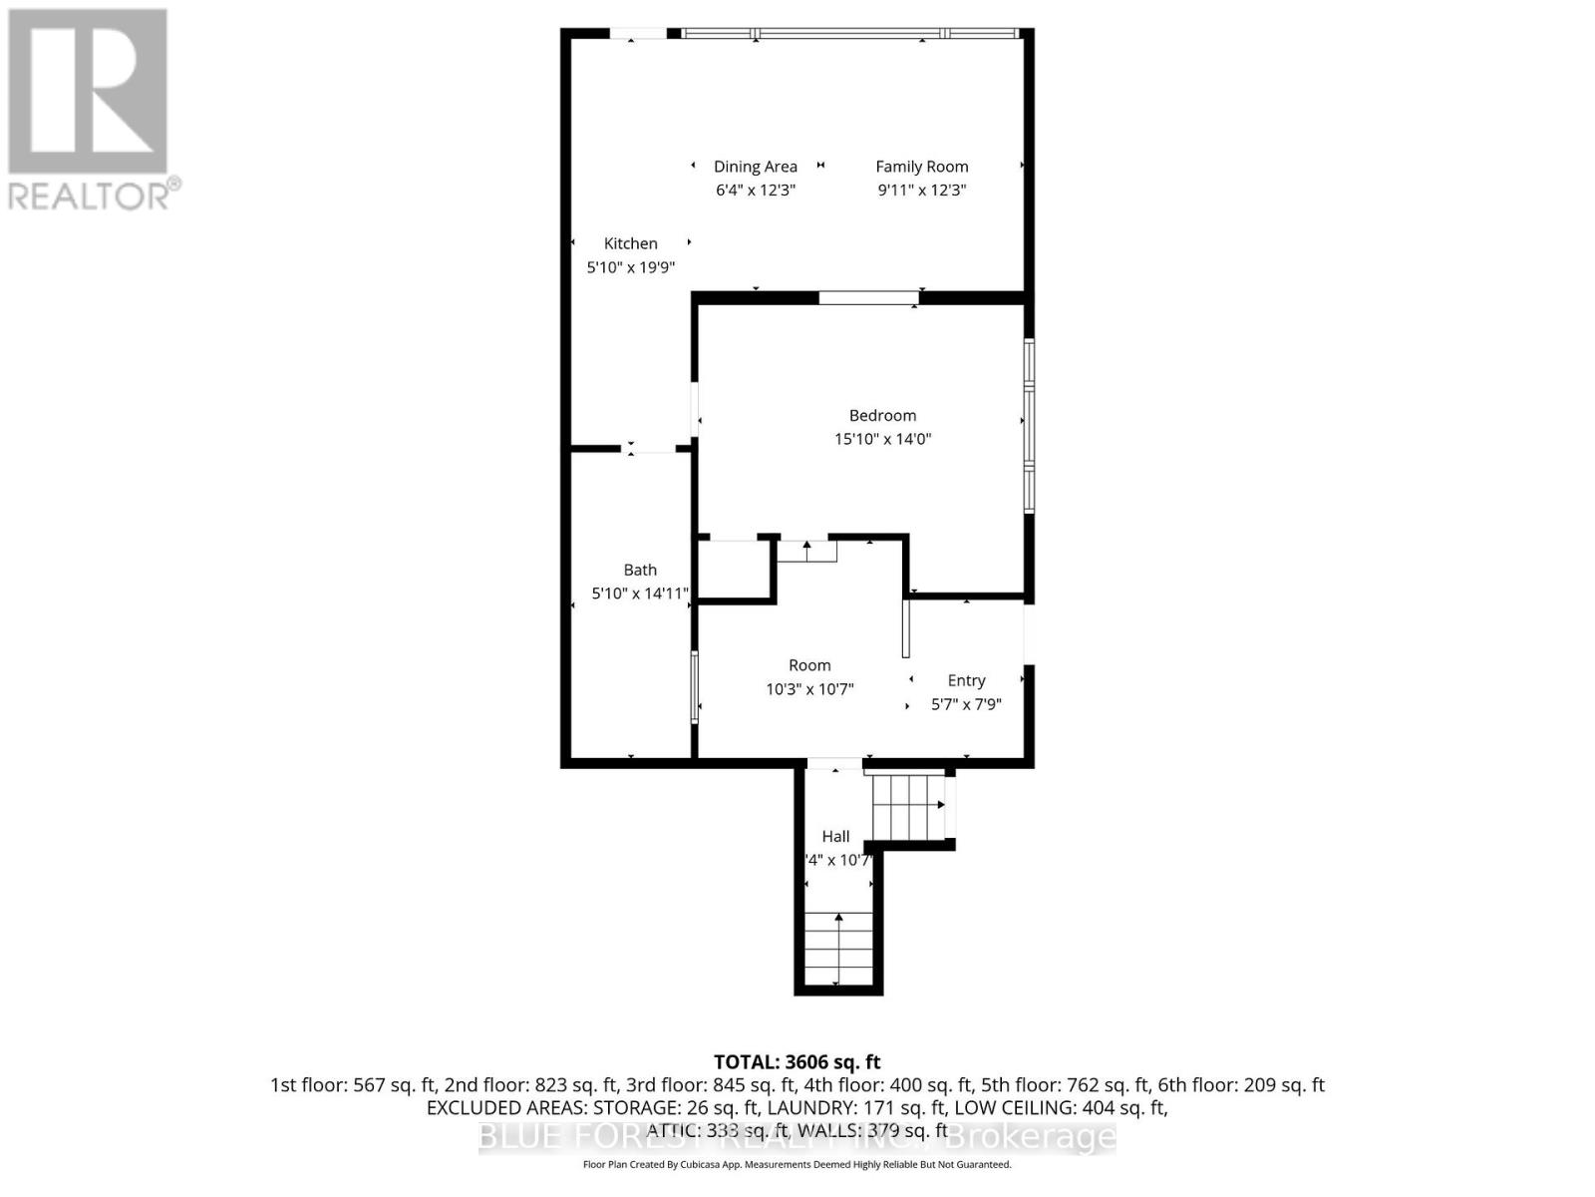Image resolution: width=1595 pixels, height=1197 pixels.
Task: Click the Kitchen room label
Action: click(630, 243)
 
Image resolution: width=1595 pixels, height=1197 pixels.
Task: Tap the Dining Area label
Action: click(755, 167)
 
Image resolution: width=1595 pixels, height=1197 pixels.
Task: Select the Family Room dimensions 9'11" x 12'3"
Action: click(921, 191)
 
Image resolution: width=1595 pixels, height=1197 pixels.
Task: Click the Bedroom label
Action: click(882, 415)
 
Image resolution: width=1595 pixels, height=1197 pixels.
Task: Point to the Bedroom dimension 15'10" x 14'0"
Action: click(882, 439)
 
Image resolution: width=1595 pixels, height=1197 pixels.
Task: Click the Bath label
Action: click(640, 570)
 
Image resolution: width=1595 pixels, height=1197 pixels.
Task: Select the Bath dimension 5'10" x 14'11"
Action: click(640, 594)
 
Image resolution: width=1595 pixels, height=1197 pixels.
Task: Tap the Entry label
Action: click(966, 680)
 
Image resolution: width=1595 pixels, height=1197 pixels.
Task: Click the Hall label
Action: click(835, 836)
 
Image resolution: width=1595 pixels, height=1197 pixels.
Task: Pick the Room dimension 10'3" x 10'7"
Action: click(809, 689)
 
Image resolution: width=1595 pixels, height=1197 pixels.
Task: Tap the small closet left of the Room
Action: click(735, 571)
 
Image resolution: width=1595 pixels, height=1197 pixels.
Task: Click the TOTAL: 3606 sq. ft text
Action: click(797, 1062)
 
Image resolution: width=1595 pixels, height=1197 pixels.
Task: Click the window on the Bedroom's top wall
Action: click(867, 297)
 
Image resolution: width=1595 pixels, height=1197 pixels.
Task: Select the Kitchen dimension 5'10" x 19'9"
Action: click(630, 267)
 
